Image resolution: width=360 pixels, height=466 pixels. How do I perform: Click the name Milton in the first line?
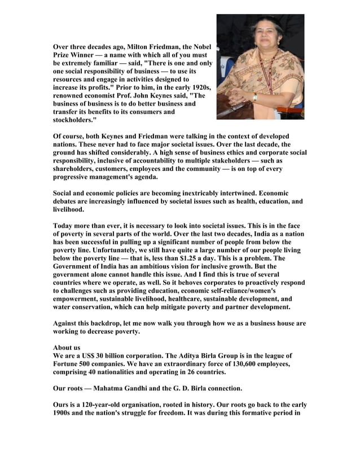141,46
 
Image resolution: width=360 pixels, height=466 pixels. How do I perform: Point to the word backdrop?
109,324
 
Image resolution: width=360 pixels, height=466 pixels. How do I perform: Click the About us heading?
67,348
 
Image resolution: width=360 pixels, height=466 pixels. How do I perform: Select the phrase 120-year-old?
104,405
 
